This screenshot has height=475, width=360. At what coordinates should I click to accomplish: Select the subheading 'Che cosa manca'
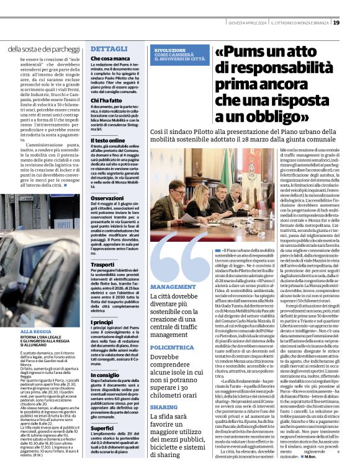click(110, 58)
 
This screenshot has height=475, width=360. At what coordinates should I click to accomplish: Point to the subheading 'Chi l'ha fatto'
click(107, 100)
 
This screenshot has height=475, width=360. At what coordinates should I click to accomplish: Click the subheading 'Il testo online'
click(109, 141)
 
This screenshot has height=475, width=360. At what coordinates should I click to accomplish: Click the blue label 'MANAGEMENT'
click(172, 287)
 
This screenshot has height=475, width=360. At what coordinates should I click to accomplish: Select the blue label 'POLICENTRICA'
click(172, 348)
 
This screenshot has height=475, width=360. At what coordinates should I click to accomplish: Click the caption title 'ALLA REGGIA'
click(37, 332)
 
